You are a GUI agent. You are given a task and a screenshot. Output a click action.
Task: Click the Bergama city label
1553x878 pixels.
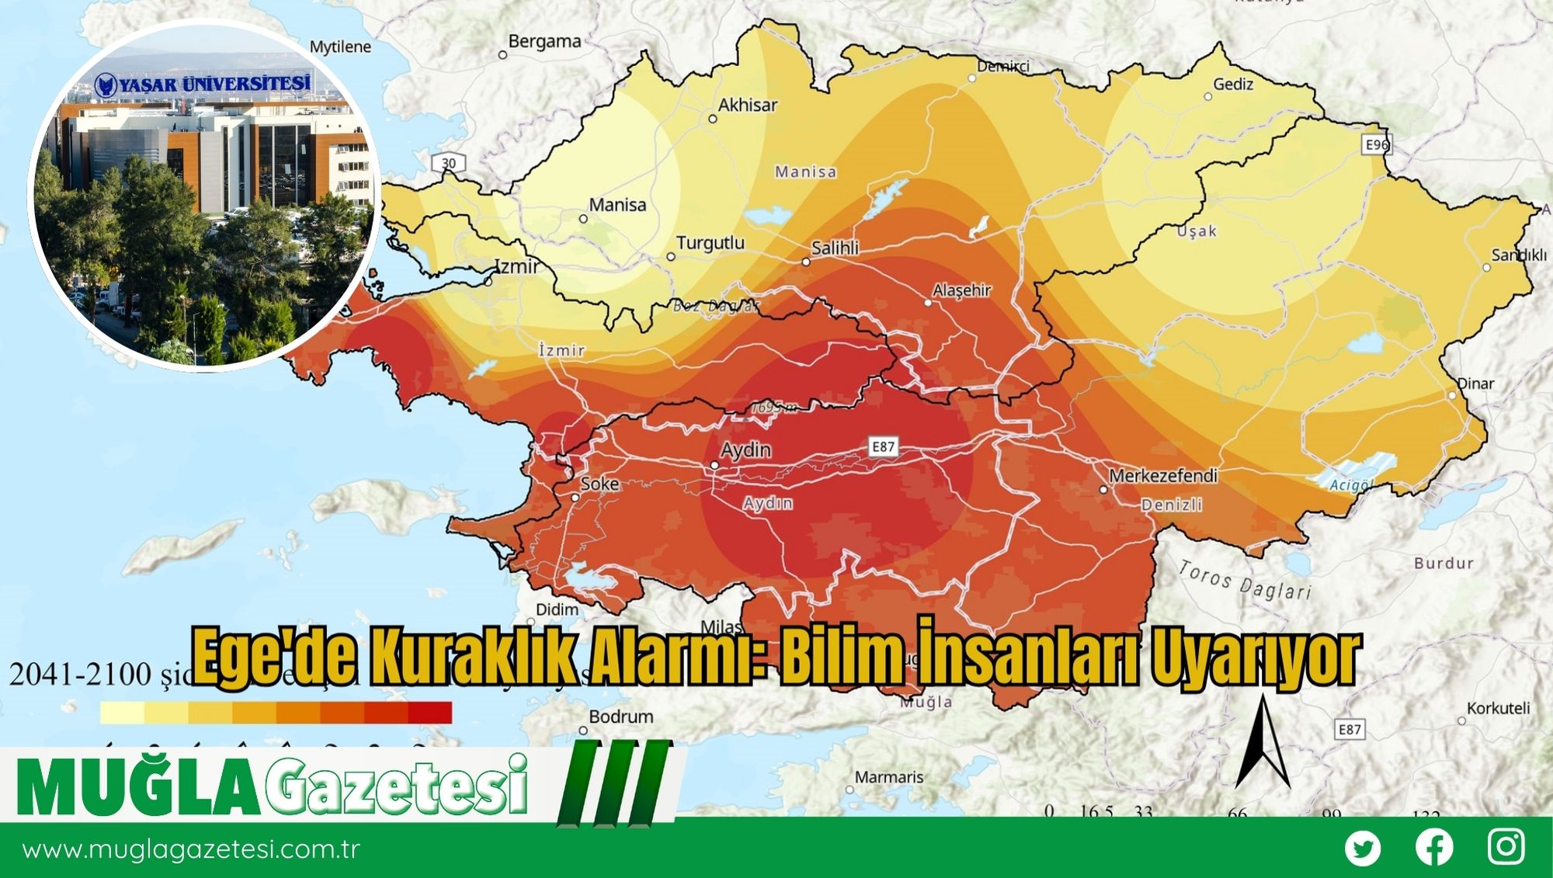coord(544,42)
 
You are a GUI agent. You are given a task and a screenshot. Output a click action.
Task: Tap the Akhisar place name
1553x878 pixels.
coord(747,105)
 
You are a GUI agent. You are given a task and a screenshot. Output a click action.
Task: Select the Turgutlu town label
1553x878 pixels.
coord(710,243)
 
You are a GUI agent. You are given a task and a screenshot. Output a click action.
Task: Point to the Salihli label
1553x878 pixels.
coord(835,248)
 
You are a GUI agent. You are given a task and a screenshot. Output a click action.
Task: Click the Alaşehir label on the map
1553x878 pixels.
coord(961,290)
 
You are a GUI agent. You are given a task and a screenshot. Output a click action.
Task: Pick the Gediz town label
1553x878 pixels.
coord(1233,84)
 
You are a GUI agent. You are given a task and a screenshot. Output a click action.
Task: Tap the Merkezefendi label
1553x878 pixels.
coord(1162,475)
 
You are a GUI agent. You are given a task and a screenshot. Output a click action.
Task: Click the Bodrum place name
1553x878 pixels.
coord(620,717)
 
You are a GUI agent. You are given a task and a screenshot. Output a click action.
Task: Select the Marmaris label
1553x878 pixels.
coord(889,777)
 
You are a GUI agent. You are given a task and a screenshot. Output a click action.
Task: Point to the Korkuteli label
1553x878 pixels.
coord(1498,708)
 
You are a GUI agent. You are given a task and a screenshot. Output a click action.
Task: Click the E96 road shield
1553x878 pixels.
coord(1377,145)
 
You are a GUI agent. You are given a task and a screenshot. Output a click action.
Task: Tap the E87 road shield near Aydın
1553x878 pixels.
coord(884,447)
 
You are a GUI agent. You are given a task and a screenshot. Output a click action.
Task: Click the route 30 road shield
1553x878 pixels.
coord(449,163)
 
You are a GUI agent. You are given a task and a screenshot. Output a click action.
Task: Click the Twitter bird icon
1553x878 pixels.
coord(1363,848)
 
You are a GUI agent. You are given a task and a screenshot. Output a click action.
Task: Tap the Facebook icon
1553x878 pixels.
coord(1434,848)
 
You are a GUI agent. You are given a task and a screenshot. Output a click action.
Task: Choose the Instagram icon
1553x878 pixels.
coord(1506,847)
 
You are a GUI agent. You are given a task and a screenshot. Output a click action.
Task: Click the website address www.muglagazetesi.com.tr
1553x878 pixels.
coord(191,849)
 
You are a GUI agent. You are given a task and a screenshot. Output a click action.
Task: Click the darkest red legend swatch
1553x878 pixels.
coord(429,713)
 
